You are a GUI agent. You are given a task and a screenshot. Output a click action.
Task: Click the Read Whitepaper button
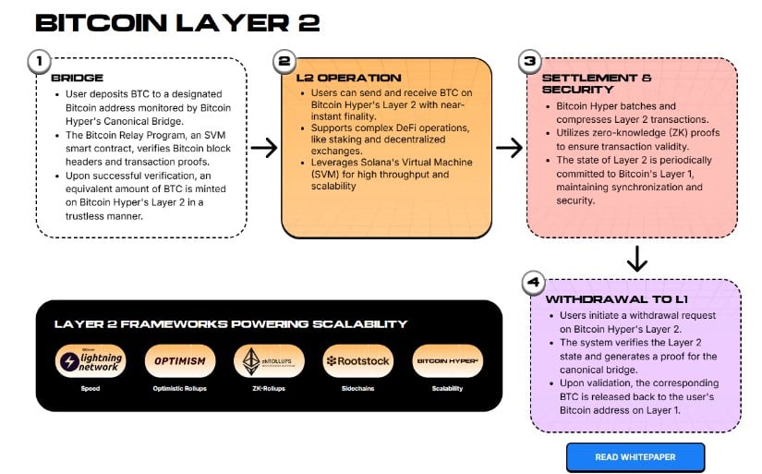635,457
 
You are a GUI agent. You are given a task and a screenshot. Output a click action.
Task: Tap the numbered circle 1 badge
38,62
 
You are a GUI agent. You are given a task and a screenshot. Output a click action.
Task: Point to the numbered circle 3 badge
529,62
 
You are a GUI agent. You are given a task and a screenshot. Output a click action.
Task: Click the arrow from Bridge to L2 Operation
264,147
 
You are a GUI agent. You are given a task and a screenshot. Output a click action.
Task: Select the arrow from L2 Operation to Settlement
508,147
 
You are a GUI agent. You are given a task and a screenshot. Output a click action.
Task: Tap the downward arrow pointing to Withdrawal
636,259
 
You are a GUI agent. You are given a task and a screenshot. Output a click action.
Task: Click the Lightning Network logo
89,361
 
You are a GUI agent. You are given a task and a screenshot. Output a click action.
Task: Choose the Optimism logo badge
175,361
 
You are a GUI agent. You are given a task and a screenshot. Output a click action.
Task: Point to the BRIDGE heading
77,79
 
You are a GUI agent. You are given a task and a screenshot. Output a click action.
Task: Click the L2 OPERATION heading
349,78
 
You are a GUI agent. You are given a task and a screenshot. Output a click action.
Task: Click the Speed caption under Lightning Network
89,389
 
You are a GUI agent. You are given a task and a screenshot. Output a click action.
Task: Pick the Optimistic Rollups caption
175,389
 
